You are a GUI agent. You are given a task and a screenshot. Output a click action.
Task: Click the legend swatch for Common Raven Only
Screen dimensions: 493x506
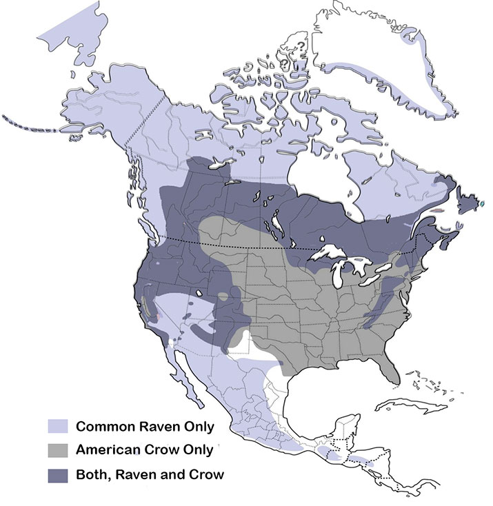pyautogui.click(x=58, y=426)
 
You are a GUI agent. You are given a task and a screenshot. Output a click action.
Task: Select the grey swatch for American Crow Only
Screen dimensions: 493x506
pyautogui.click(x=58, y=451)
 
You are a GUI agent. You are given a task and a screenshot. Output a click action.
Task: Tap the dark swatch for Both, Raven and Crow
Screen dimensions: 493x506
pyautogui.click(x=58, y=475)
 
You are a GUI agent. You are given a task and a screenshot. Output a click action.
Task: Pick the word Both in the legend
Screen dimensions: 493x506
pyautogui.click(x=90, y=475)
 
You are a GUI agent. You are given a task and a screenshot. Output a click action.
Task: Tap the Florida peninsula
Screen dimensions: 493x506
pyautogui.click(x=392, y=369)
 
